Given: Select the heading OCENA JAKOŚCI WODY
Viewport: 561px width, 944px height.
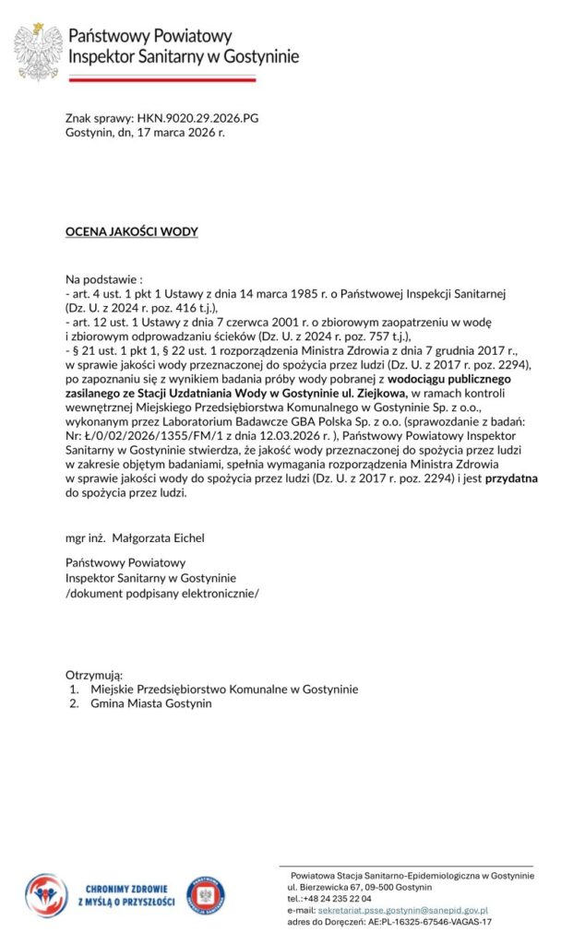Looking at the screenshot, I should pyautogui.click(x=131, y=231).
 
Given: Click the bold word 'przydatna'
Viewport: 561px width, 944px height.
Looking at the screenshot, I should pyautogui.click(x=512, y=479).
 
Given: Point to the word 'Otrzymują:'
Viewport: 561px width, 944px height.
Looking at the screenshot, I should pyautogui.click(x=94, y=676).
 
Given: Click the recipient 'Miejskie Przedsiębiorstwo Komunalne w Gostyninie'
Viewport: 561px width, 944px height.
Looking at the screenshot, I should pyautogui.click(x=224, y=690).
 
